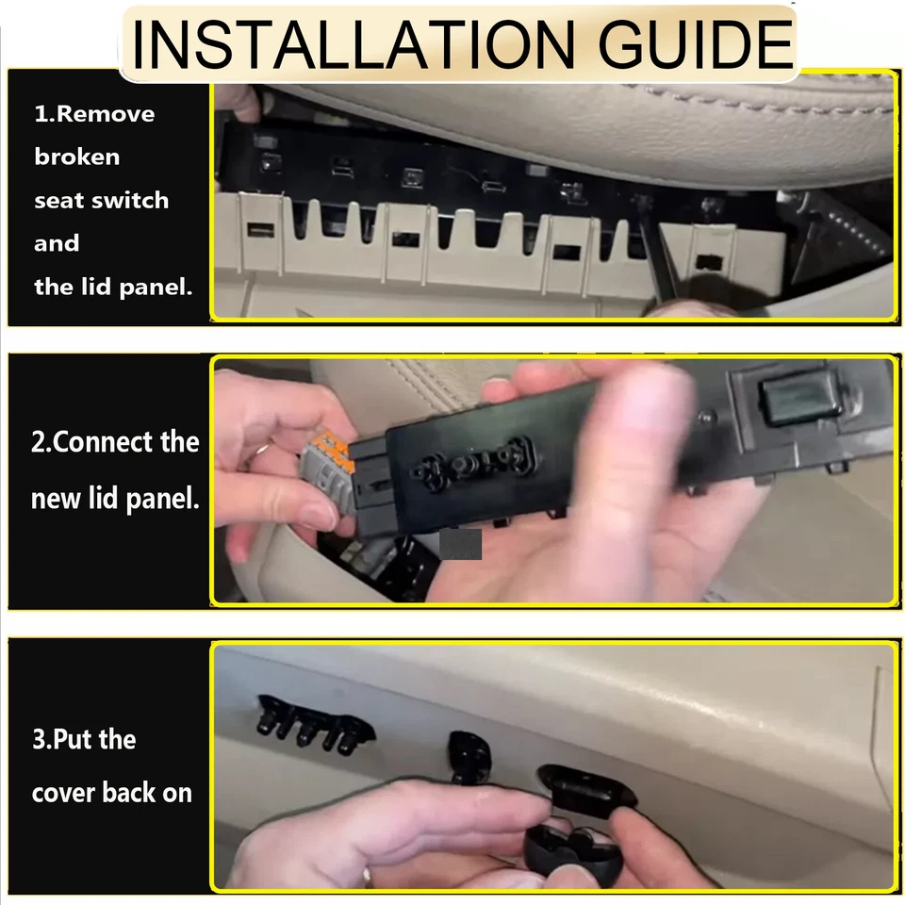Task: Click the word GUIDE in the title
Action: click(x=685, y=42)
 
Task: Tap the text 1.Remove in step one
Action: click(x=94, y=114)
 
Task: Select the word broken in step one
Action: click(x=77, y=156)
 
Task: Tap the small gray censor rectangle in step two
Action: click(x=461, y=544)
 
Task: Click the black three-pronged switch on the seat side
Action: click(x=311, y=724)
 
